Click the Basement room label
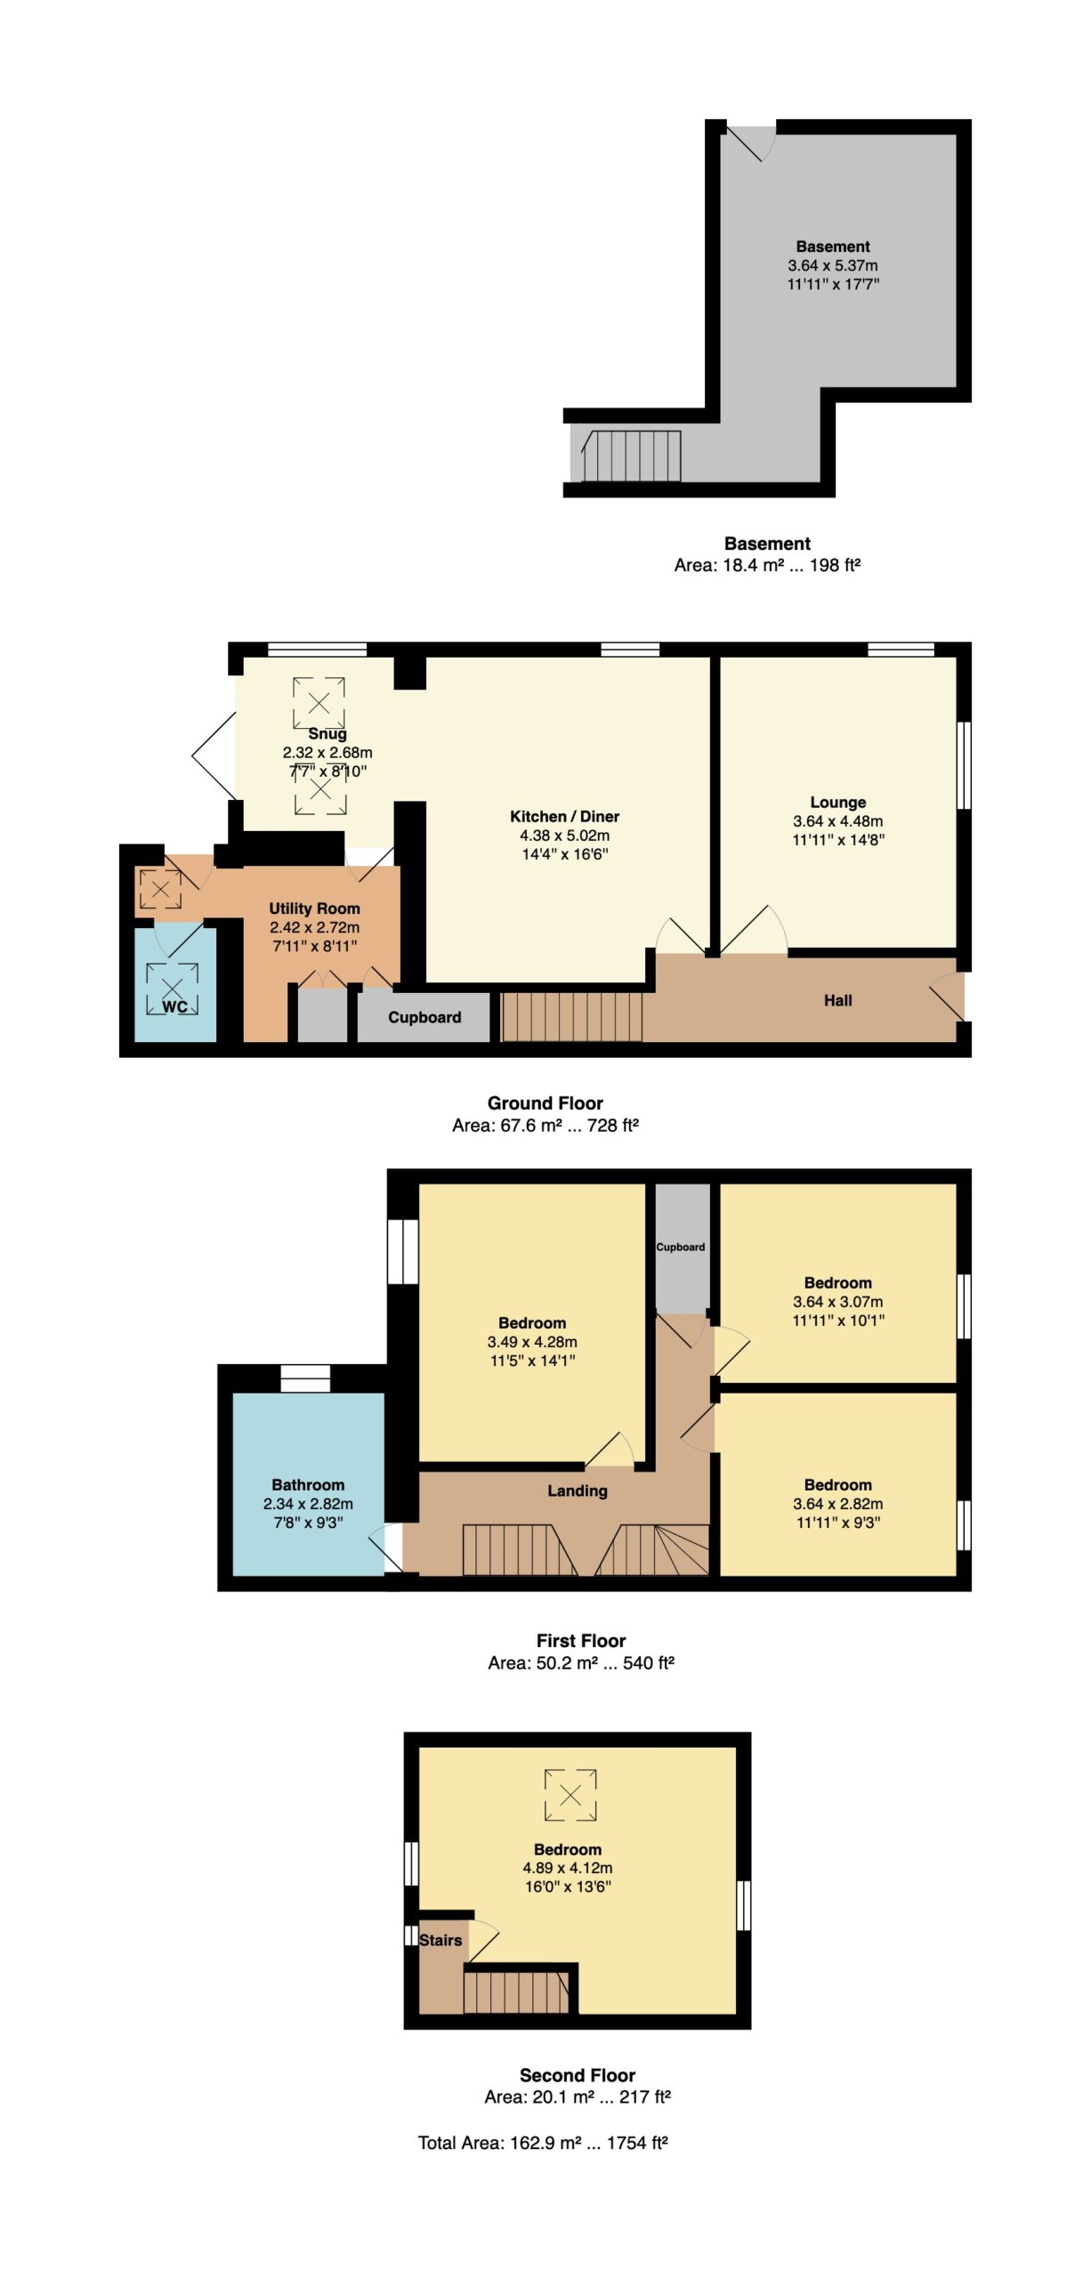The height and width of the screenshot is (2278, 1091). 833,246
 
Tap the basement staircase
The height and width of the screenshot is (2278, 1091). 632,456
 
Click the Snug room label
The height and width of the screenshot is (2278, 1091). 327,734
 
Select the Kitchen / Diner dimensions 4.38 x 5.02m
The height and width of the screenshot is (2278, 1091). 565,836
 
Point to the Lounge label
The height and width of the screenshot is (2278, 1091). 837,803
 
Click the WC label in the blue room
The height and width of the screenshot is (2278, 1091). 174,1007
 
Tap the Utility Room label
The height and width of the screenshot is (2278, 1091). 315,909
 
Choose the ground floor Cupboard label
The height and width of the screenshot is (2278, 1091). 424,1017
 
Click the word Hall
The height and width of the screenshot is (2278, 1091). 837,1000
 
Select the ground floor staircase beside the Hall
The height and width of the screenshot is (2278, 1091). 572,1016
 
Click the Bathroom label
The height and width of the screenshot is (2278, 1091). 308,1484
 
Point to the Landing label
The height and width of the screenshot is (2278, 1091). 578,1490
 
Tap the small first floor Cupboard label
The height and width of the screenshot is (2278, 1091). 681,1247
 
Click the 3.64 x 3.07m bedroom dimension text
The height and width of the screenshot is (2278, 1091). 838,1301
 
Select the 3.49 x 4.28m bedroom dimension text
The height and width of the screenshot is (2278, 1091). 532,1341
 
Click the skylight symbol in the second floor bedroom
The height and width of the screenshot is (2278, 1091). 570,1795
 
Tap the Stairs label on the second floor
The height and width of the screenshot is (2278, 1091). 440,1940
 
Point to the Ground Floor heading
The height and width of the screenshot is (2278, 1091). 545,1103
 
